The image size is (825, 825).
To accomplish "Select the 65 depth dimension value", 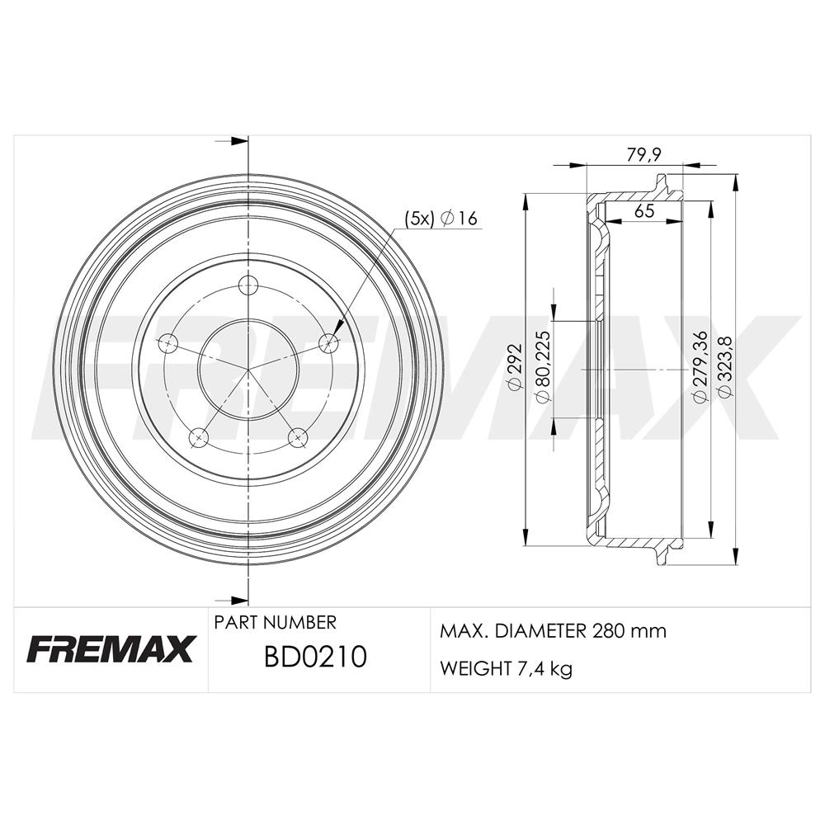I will tap(644, 211).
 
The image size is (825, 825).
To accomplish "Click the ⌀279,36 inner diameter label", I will tap(700, 365).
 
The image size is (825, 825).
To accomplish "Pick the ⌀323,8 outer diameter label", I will tap(724, 367).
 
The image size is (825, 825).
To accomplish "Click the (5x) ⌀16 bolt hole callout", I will tap(441, 218).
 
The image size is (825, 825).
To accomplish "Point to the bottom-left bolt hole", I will tap(199, 436).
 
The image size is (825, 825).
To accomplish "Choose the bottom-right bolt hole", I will tap(298, 436).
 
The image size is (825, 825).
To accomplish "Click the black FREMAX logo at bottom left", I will tap(111, 649).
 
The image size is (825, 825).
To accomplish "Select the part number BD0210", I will tap(314, 658).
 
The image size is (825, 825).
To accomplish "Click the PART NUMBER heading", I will tap(275, 623).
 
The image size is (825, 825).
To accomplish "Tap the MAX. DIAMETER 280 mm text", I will tap(553, 631).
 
